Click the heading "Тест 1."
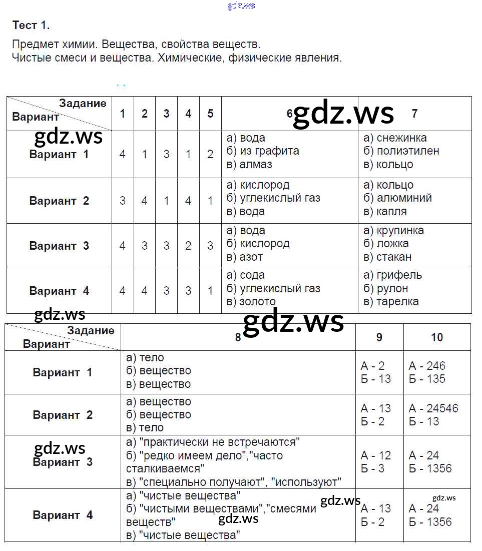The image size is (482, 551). point(31,25)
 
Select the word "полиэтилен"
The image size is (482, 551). point(408,151)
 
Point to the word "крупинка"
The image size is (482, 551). point(400,231)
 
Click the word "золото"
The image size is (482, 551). point(258,302)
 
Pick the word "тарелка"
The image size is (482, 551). point(397,301)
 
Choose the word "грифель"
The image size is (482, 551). point(399,275)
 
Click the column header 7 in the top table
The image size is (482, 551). point(414,114)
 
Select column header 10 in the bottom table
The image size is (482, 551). point(437,337)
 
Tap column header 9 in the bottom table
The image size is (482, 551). point(379,337)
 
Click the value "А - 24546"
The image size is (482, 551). point(433,408)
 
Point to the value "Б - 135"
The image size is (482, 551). point(427,379)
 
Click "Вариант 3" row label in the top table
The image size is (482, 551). point(59,246)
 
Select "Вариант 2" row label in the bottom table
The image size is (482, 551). point(63,415)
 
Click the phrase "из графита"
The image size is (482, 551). point(269,151)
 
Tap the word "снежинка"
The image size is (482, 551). point(401,138)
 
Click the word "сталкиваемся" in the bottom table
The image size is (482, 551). point(165,469)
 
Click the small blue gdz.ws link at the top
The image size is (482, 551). point(241,6)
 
